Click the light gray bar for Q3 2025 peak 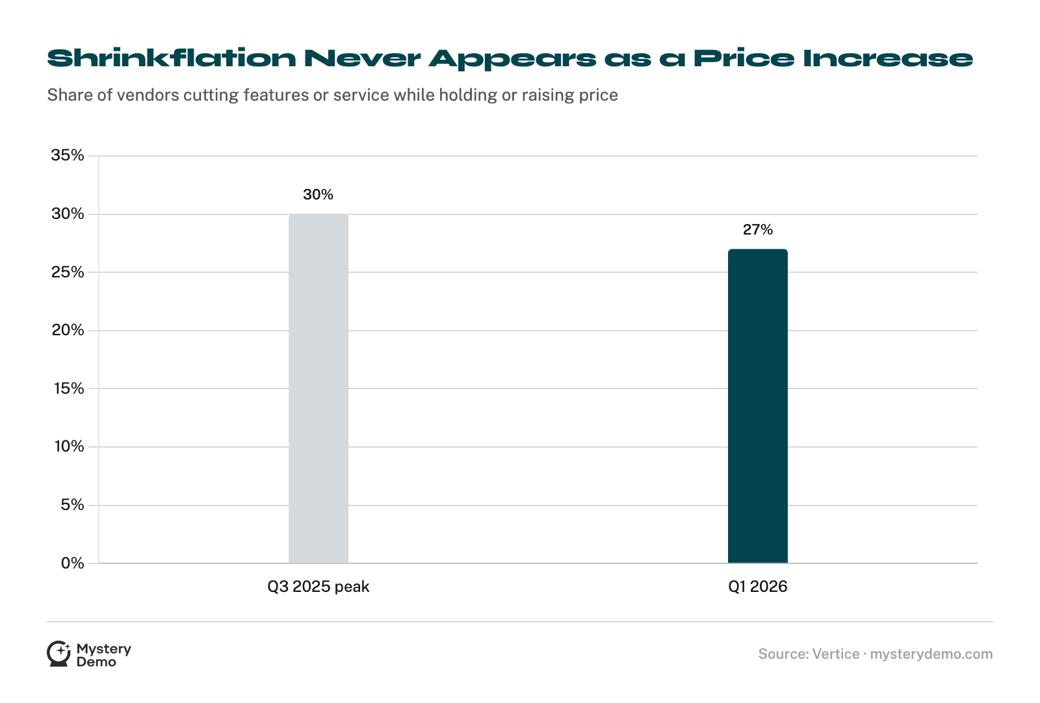coord(318,389)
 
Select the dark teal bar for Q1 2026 coord(757,406)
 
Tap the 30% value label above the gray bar coord(318,194)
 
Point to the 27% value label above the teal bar coord(758,229)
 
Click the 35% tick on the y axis coord(68,155)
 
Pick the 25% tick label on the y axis coord(68,272)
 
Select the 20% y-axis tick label coord(68,330)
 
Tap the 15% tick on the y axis coord(69,388)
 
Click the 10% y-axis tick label coord(69,446)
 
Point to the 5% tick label coord(72,504)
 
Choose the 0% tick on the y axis coord(72,563)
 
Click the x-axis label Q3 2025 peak coord(318,587)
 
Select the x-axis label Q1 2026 coord(758,587)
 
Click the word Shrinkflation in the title coord(172,58)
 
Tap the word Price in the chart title coord(744,58)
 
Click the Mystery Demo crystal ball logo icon coord(58,654)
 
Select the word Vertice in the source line coord(836,654)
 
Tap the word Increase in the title coord(888,58)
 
